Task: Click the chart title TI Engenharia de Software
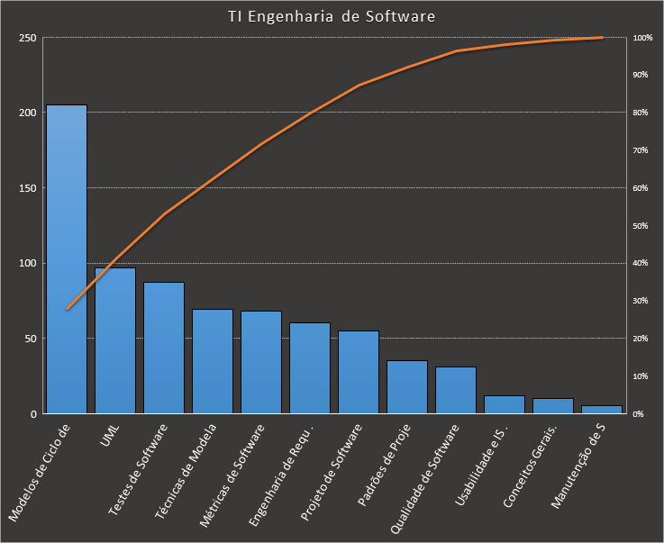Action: (332, 16)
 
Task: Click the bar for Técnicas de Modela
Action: (213, 361)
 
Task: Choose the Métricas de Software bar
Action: (261, 362)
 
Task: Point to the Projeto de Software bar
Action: (359, 372)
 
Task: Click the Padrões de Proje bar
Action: (407, 387)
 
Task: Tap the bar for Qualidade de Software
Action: (456, 390)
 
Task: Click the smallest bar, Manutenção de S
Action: (602, 410)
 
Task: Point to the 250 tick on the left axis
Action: (27, 38)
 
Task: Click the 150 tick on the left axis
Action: (27, 188)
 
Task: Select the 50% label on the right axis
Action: (641, 226)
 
